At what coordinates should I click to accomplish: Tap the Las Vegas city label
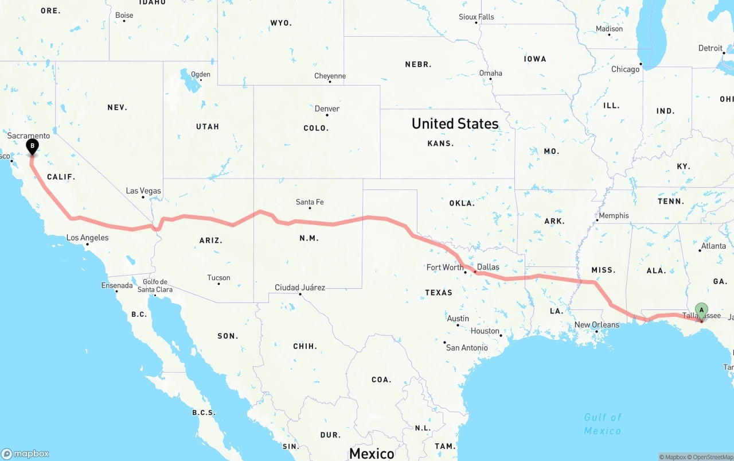pos(143,191)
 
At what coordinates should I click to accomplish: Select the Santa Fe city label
pos(310,202)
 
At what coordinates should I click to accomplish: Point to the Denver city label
pos(327,109)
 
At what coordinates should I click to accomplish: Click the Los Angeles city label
pos(87,238)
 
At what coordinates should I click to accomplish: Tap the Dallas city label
pos(488,267)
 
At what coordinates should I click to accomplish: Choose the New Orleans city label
pos(596,325)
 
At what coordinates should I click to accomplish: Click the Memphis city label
pos(614,216)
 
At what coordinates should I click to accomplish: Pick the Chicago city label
pos(625,69)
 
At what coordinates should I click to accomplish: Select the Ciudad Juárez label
pos(300,288)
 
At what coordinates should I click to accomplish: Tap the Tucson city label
pos(218,278)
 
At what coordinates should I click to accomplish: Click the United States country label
pos(455,123)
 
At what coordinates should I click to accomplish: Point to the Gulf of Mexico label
pos(603,424)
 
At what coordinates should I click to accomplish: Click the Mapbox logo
pos(25,454)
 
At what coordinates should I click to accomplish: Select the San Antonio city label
pos(467,348)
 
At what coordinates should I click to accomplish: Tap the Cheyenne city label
pos(330,76)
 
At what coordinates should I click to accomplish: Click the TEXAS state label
pos(439,293)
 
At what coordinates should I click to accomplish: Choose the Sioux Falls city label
pos(476,17)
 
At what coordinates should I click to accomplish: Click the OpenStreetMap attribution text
pos(712,457)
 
